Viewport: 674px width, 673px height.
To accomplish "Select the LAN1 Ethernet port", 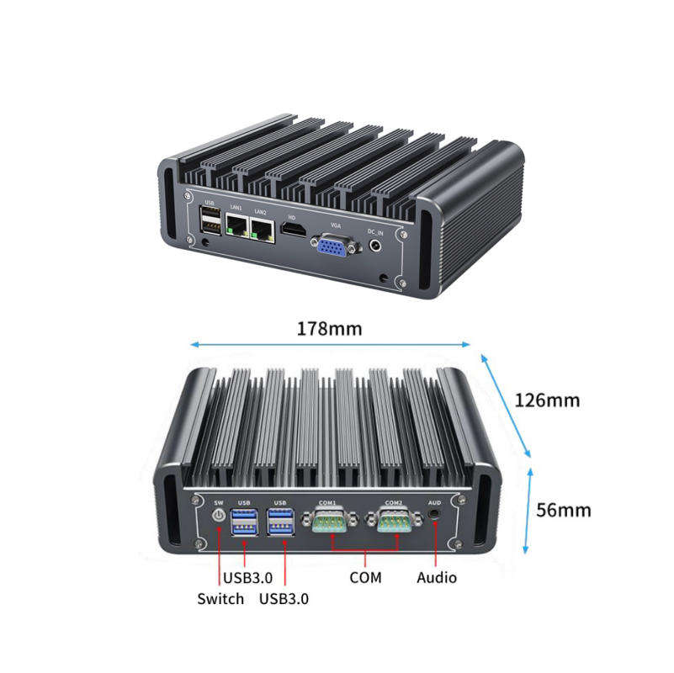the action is tap(238, 225).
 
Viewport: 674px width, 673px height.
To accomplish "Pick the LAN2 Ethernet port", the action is tap(262, 228).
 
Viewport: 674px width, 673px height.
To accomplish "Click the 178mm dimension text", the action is tap(329, 328).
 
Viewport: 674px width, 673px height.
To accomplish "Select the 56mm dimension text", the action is tap(563, 509).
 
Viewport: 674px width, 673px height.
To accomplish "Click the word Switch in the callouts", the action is tap(220, 598).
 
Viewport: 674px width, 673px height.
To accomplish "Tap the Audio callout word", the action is tap(437, 577).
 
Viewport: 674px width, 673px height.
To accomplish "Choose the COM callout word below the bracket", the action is tap(365, 577).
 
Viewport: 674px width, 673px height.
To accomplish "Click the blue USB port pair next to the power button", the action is tap(244, 522).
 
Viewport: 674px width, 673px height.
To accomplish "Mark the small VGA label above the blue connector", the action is tap(337, 225).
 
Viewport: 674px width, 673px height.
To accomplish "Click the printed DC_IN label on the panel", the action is tap(376, 231).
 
